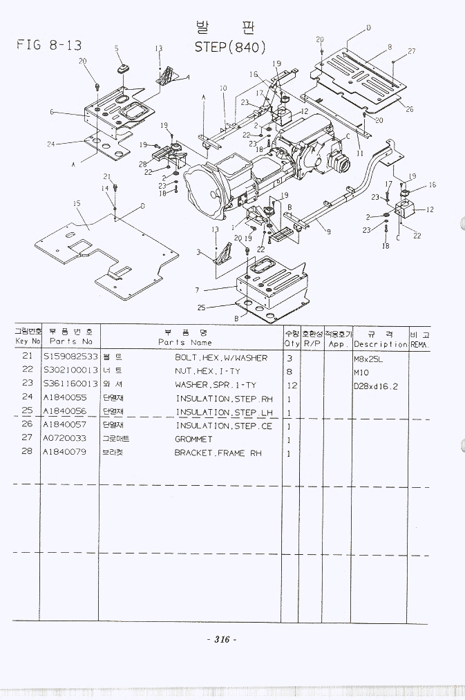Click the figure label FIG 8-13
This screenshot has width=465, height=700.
[49, 46]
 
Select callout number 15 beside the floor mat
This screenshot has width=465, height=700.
[77, 203]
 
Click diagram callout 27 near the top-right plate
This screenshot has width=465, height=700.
[412, 51]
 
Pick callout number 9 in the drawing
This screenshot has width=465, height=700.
[328, 232]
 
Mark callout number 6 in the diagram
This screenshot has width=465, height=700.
[52, 112]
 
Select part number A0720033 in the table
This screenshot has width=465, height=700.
[65, 439]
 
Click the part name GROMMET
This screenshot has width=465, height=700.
[193, 439]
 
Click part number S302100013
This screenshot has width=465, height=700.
[70, 372]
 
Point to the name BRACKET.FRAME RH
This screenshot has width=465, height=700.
[218, 453]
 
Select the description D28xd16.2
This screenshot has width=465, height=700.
[376, 386]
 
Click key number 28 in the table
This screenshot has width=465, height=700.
[28, 453]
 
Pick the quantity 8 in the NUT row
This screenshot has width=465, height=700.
[290, 372]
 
